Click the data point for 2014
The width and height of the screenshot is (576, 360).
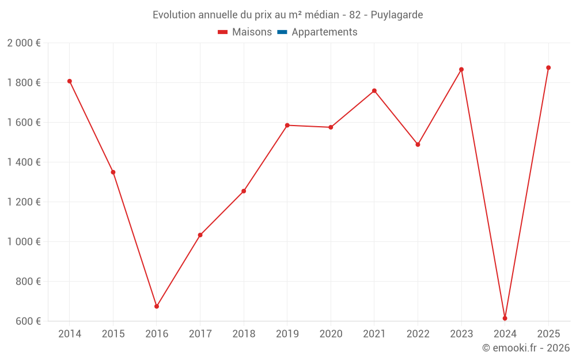click(x=70, y=81)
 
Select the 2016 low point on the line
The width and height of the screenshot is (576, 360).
click(x=157, y=306)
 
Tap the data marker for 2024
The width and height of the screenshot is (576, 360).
click(x=505, y=319)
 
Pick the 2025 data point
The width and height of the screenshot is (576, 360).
click(x=548, y=68)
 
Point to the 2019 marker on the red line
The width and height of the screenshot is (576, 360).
click(x=287, y=125)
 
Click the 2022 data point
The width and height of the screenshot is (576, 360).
click(x=418, y=145)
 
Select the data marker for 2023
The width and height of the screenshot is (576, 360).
click(x=461, y=70)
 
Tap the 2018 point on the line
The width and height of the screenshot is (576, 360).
click(x=244, y=191)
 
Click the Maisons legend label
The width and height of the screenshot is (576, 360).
click(x=252, y=32)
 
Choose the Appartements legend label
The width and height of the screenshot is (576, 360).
click(x=324, y=32)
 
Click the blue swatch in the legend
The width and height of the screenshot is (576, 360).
click(x=282, y=32)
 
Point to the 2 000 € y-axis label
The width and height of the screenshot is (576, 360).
click(x=24, y=43)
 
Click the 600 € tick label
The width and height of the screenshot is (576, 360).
click(x=28, y=321)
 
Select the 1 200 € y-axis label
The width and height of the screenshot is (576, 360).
click(x=24, y=202)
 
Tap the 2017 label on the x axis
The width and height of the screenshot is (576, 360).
click(x=200, y=334)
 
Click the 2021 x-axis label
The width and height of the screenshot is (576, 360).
click(x=374, y=334)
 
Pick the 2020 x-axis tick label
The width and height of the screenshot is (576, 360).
click(x=331, y=334)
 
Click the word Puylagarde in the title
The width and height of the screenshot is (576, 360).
click(x=397, y=15)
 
